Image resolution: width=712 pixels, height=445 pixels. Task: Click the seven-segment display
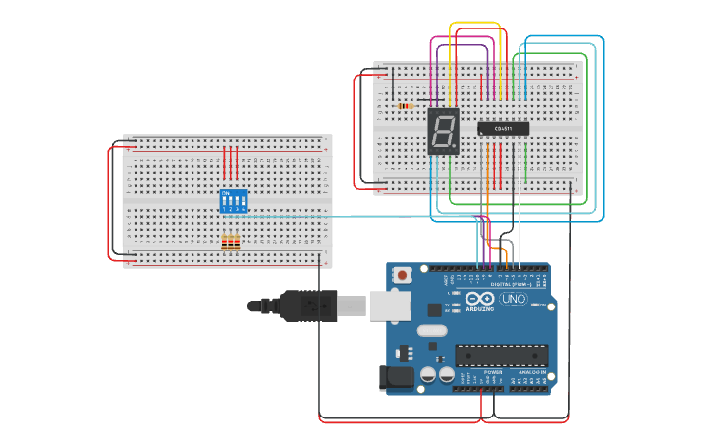[444, 131]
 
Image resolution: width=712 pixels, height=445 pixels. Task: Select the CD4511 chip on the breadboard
[504, 128]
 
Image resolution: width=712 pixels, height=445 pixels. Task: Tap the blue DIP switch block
[233, 200]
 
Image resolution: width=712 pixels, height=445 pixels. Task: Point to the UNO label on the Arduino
[514, 299]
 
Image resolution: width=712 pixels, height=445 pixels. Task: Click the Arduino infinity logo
[481, 299]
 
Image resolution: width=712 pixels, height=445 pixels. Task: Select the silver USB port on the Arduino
[390, 306]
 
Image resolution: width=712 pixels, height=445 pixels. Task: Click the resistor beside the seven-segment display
[407, 105]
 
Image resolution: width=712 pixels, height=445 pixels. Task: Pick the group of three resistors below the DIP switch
[231, 242]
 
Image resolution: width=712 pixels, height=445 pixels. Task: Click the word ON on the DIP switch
[226, 192]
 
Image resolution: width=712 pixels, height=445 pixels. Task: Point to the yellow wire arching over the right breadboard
[476, 24]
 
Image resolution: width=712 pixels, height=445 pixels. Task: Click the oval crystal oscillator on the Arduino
[431, 332]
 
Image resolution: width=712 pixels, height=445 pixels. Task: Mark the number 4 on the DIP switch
[243, 209]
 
